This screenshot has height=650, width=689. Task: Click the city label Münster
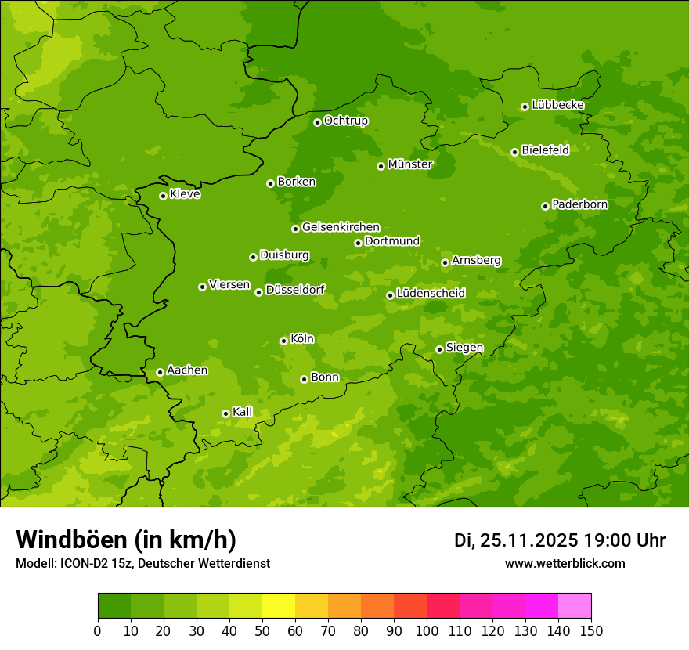pos(410,164)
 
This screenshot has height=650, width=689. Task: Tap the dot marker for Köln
pos(283,341)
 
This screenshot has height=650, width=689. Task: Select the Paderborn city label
pos(580,204)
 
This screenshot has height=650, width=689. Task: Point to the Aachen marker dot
pos(160,372)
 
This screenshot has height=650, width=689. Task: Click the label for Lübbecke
pos(557,105)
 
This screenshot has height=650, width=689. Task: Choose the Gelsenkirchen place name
pos(341,227)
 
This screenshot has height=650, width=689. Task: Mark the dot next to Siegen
pos(439,349)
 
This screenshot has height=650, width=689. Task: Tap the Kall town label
pos(243,412)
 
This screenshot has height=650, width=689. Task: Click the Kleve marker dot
pos(163,196)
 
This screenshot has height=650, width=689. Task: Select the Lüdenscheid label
pos(431,294)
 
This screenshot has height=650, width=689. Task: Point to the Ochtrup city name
pos(345,121)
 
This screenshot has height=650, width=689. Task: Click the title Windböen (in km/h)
pos(126,540)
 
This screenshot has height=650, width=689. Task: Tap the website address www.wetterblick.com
pos(565,563)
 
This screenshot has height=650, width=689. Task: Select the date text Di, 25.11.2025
pos(516,540)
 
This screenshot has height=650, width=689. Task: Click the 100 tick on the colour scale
pos(427,631)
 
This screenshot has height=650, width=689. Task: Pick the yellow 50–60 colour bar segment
pos(279,606)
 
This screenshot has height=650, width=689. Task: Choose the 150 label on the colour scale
pos(591,631)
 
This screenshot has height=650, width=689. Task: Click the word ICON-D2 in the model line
pos(85,563)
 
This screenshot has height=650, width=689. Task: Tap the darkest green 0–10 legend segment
pos(114,606)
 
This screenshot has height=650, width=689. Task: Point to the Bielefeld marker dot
pos(514,152)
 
